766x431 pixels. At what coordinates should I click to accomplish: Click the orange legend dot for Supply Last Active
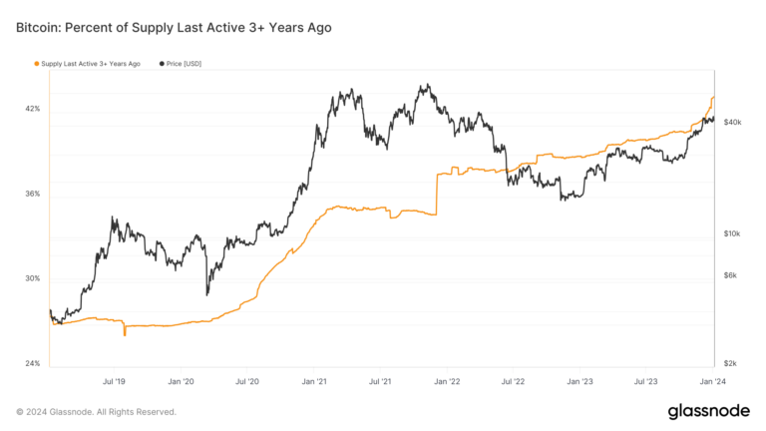pos(37,64)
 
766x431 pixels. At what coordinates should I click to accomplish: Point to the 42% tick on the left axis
pos(32,108)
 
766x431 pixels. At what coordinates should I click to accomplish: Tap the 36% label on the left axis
pos(32,193)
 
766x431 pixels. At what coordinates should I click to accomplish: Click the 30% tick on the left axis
pos(32,278)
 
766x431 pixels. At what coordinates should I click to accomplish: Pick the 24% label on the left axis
pos(32,363)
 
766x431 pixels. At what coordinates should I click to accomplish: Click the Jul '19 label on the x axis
pos(114,381)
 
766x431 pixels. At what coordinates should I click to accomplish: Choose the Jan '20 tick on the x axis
pos(181,381)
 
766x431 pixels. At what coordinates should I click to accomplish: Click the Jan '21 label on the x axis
pos(314,381)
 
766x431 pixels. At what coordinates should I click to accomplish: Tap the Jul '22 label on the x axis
pos(514,381)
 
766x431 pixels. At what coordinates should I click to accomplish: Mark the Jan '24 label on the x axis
pos(713,381)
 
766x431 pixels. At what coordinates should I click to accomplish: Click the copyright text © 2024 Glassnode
pos(96,411)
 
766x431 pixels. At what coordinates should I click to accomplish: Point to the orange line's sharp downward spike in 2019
pos(125,334)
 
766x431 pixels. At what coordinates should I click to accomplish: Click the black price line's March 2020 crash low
pos(207,293)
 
